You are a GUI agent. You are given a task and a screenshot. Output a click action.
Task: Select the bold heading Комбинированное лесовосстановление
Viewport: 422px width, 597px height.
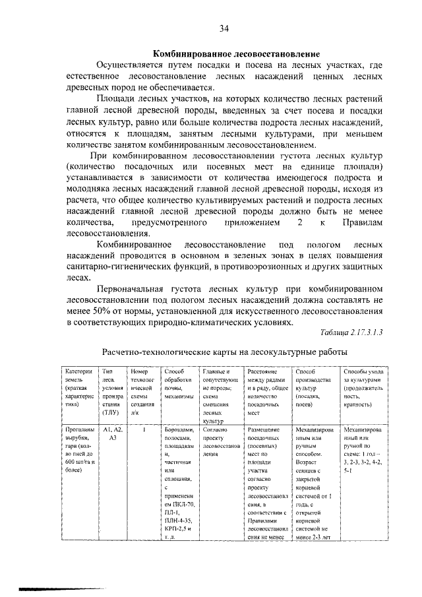237,53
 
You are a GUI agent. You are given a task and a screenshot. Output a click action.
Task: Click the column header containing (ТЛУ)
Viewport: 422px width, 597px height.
111,394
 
